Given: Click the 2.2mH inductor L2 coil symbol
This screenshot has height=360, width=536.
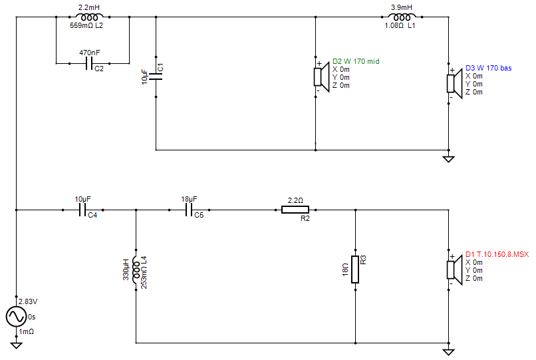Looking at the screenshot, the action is coord(89,17).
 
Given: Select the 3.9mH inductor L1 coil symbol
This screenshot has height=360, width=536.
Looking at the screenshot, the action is coord(402,17).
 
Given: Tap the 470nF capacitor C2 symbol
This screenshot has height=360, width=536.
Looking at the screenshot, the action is coord(89,63).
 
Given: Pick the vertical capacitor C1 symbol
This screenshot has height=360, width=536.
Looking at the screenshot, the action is coord(156,77).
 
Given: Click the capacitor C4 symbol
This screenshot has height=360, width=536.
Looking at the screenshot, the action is coord(82,210).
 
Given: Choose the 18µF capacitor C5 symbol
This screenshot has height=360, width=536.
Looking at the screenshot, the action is coord(189,210).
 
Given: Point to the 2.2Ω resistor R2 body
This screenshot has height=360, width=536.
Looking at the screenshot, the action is coord(295,210).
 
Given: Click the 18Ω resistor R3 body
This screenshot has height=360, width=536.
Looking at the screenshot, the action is coord(355,270).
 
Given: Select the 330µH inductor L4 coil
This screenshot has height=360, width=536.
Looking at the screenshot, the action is coord(136,270).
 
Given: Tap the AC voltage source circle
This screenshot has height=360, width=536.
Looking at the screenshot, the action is coord(16,317).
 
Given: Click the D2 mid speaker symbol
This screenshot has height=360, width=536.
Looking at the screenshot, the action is coord(321,77).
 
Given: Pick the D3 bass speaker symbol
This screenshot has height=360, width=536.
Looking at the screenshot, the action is coord(454,83).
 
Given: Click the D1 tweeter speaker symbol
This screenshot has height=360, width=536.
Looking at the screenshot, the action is coord(454,270).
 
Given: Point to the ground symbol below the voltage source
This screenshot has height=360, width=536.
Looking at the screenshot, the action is coord(16,345).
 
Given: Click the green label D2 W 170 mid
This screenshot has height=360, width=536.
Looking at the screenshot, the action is coord(356,61).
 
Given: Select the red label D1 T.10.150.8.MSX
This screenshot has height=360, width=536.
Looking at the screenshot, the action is coord(497,254).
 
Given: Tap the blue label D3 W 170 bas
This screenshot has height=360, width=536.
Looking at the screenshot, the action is coord(489,68).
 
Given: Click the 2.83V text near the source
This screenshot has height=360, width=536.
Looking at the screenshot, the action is coord(28,301).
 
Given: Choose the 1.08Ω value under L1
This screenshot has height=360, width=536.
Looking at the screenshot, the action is coord(394,25).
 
